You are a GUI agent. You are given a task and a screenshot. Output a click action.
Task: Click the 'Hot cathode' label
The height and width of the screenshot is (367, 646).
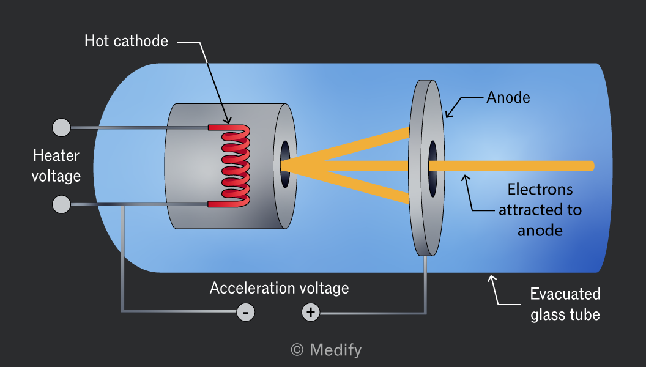coord(126,41)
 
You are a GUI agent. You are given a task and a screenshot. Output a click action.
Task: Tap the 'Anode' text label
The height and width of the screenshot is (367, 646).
coord(508,98)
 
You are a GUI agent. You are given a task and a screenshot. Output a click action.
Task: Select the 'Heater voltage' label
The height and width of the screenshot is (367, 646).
coord(56,166)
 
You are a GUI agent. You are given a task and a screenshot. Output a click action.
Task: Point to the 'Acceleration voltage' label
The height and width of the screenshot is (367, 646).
coord(280,288)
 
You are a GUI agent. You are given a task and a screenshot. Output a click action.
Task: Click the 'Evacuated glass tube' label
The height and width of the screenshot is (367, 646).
coord(565,305)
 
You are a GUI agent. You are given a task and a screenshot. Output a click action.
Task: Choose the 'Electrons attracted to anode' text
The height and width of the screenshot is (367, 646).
coord(540,210)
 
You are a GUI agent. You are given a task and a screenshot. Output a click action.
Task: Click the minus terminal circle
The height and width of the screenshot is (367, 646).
coord(245,313)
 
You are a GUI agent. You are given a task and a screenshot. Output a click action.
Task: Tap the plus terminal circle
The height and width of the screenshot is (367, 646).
coord(311,312)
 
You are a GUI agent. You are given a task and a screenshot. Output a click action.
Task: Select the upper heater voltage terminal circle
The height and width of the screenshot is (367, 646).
coord(61,128)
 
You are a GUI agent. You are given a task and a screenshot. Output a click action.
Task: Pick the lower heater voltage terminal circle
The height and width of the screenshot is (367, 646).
coord(61,204)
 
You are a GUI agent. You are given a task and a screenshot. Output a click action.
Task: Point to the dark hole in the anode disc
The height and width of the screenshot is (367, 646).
coord(433,168)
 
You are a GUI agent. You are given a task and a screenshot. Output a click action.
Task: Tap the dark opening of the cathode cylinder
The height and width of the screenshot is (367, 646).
coord(285,164)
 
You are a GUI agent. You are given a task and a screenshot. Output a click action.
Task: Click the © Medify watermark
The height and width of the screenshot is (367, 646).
coord(326,350)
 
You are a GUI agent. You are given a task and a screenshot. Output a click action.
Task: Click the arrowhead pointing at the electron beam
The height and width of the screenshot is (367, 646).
coord(466,178)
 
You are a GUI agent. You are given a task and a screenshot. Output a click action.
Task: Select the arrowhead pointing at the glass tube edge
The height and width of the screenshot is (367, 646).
coord(491,279)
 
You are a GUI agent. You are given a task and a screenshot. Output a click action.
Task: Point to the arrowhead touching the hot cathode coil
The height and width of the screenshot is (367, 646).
coord(228,120)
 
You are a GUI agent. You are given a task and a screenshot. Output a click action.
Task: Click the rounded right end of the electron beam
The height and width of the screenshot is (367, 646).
coord(592,166)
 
